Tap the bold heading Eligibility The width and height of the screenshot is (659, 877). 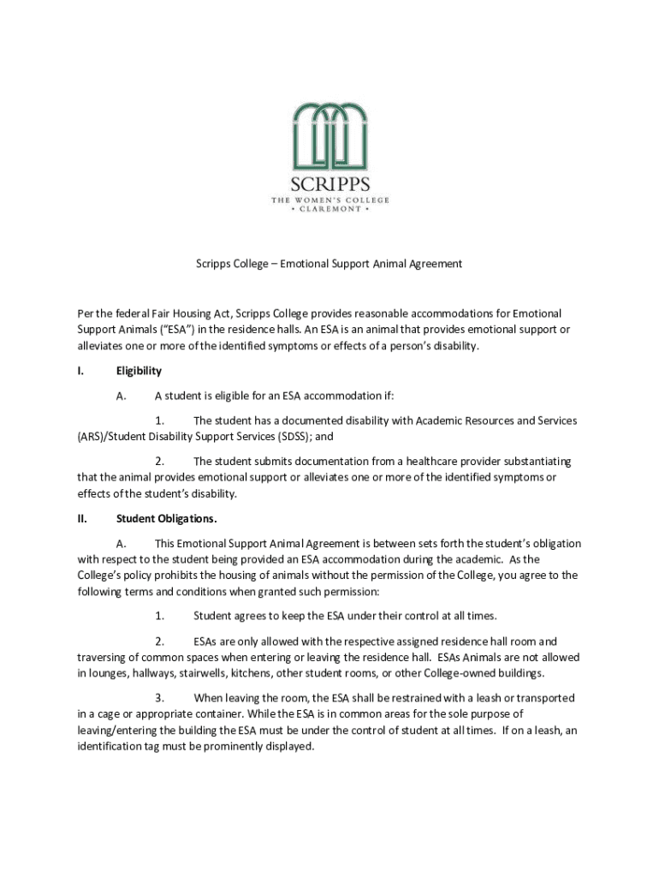point(139,371)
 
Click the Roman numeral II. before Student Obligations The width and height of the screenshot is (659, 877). point(83,519)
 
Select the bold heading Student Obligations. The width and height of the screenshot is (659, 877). point(166,519)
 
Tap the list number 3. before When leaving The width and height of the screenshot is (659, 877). point(159,698)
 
